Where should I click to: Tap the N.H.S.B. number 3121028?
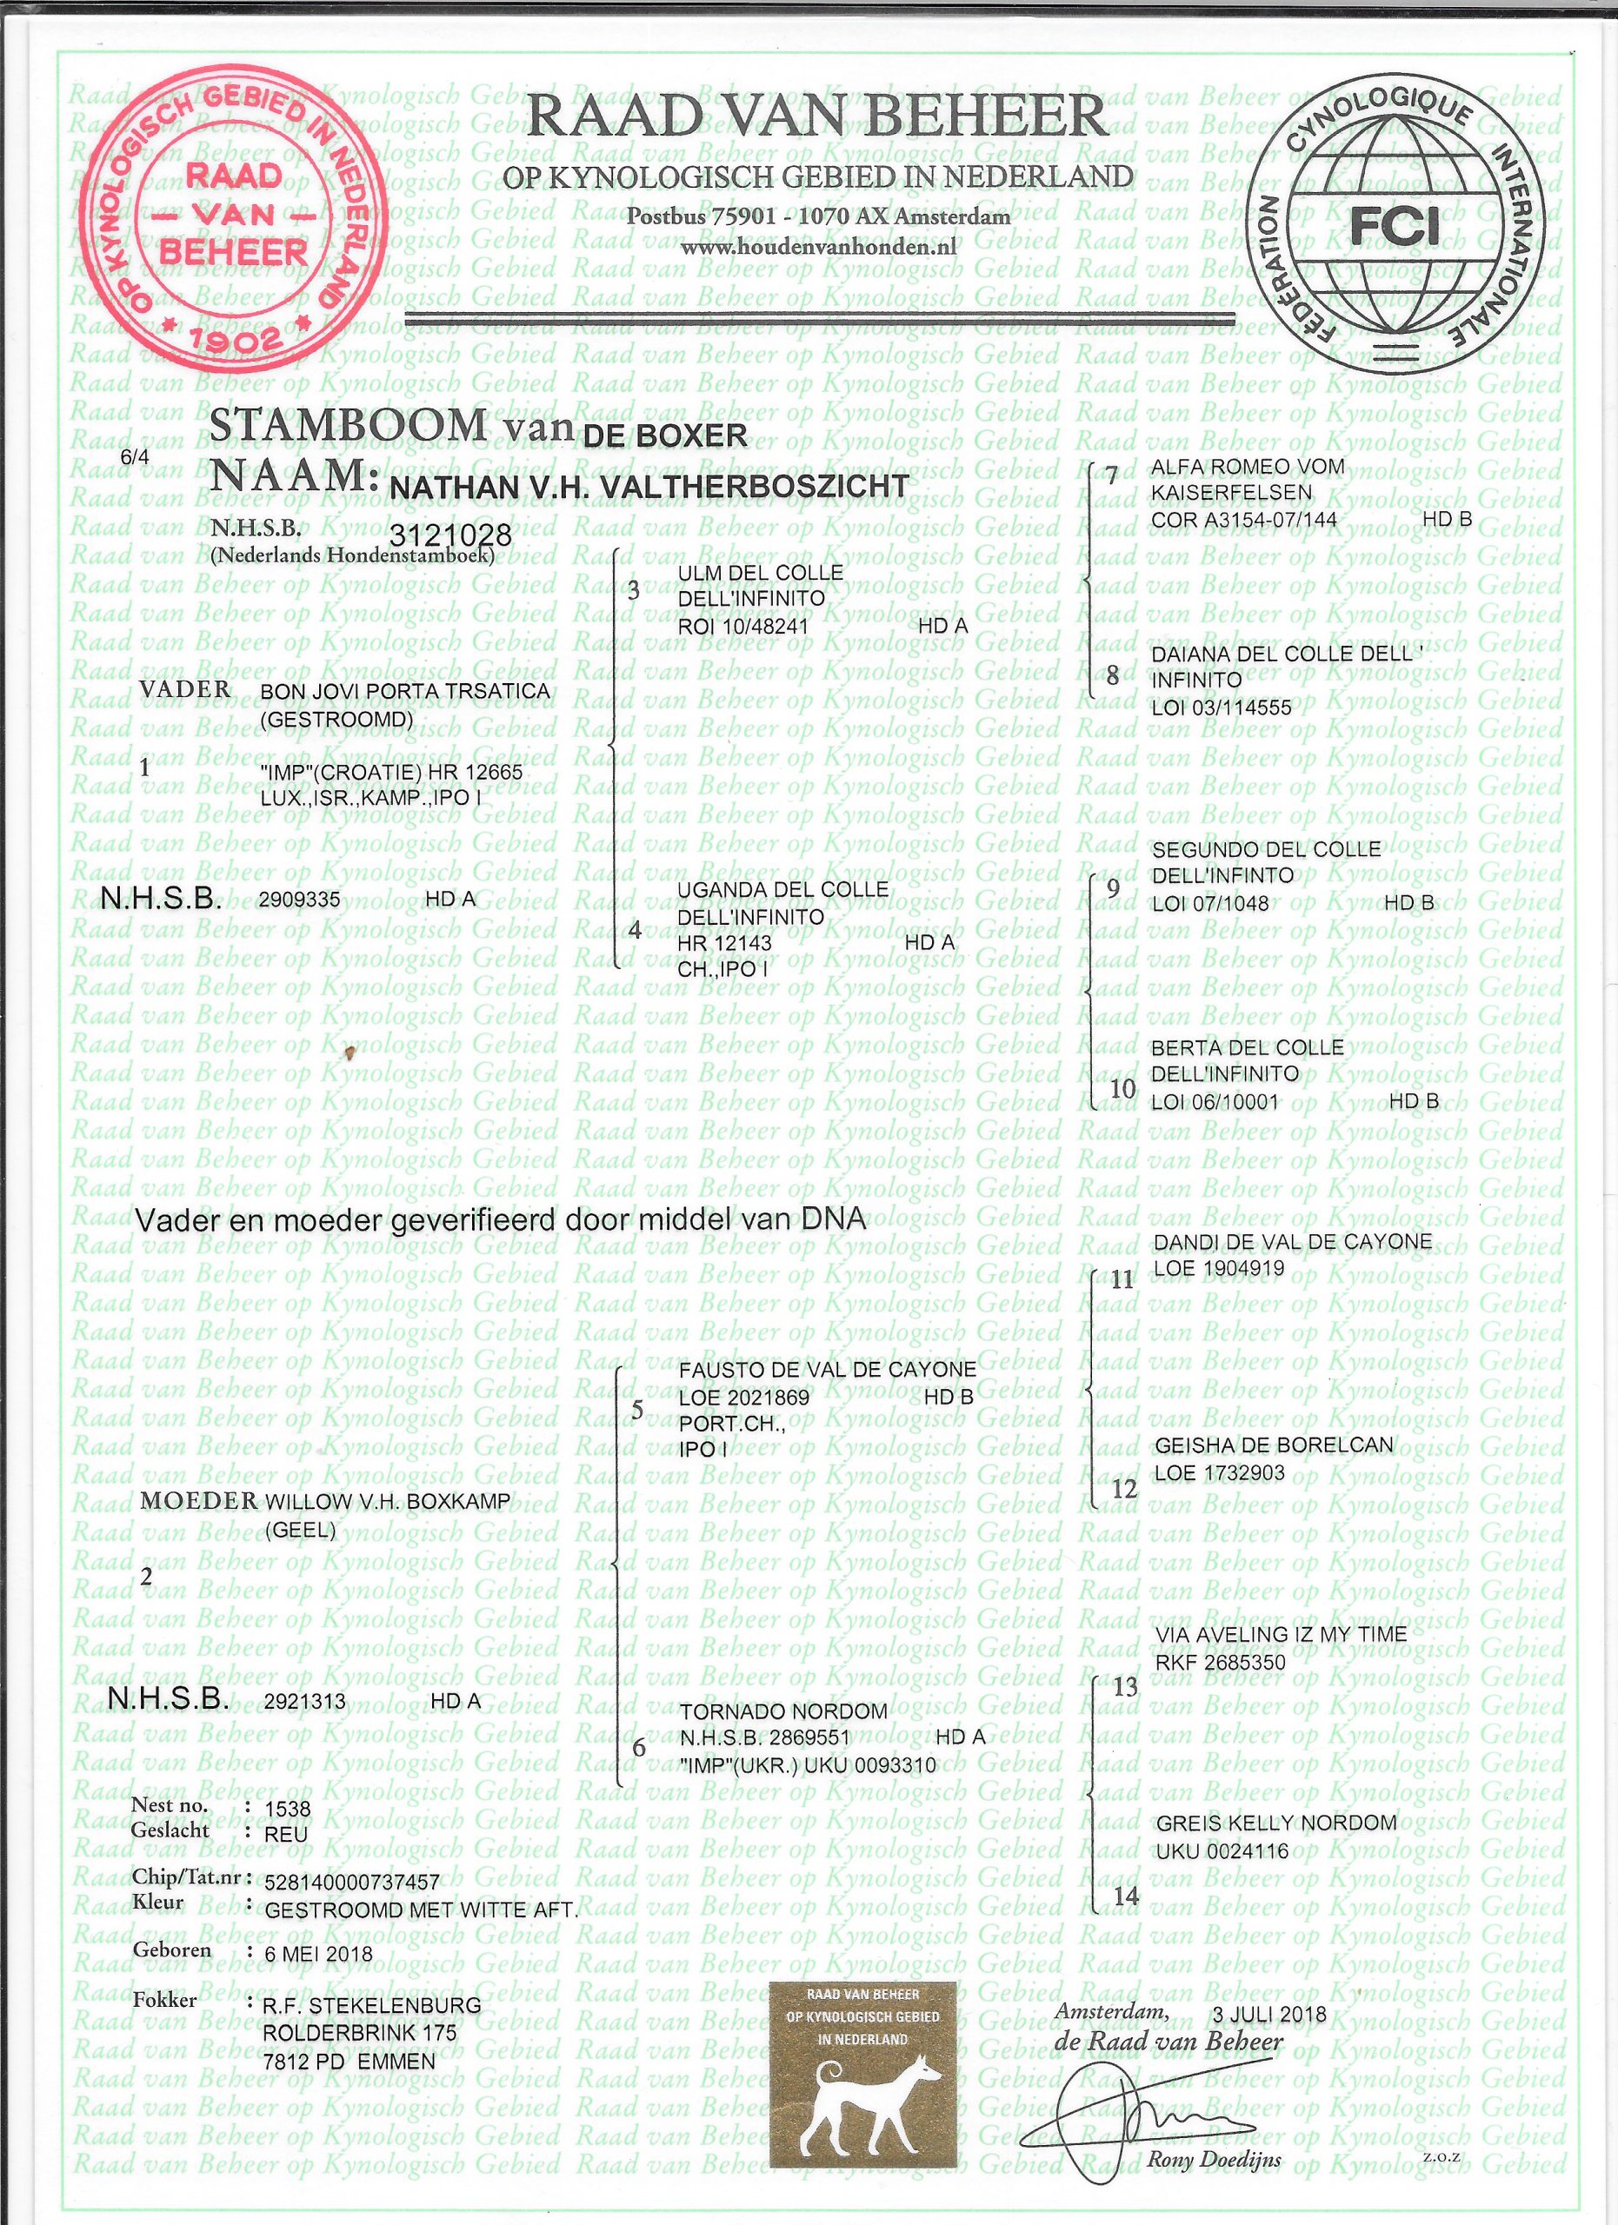tap(451, 535)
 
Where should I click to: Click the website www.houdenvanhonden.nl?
tap(818, 247)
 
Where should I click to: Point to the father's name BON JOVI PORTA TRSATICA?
tap(404, 692)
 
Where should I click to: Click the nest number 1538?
tap(288, 1808)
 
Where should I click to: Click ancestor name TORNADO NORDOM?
tap(783, 1712)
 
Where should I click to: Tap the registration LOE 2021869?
tap(743, 1397)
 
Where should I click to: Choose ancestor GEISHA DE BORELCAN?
tap(1274, 1445)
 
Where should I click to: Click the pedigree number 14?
tap(1125, 1896)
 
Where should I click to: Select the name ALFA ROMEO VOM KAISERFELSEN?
tap(1247, 480)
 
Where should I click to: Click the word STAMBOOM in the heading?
tap(349, 426)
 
